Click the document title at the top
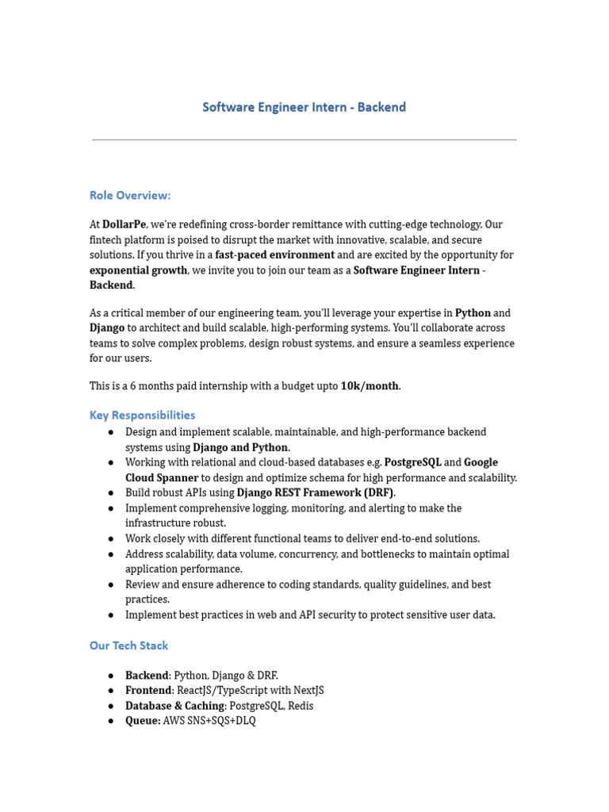[304, 107]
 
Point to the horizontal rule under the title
[304, 140]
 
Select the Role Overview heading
[130, 195]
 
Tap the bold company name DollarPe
[124, 224]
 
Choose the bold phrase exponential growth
[139, 270]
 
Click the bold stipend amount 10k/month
[370, 385]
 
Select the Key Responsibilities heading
[142, 415]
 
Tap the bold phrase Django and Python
[241, 447]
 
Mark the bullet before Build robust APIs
[111, 492]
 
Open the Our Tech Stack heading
[128, 645]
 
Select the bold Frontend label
[148, 690]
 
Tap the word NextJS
[308, 690]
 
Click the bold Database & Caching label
[175, 705]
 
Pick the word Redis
[298, 705]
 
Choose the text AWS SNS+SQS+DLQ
[209, 721]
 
